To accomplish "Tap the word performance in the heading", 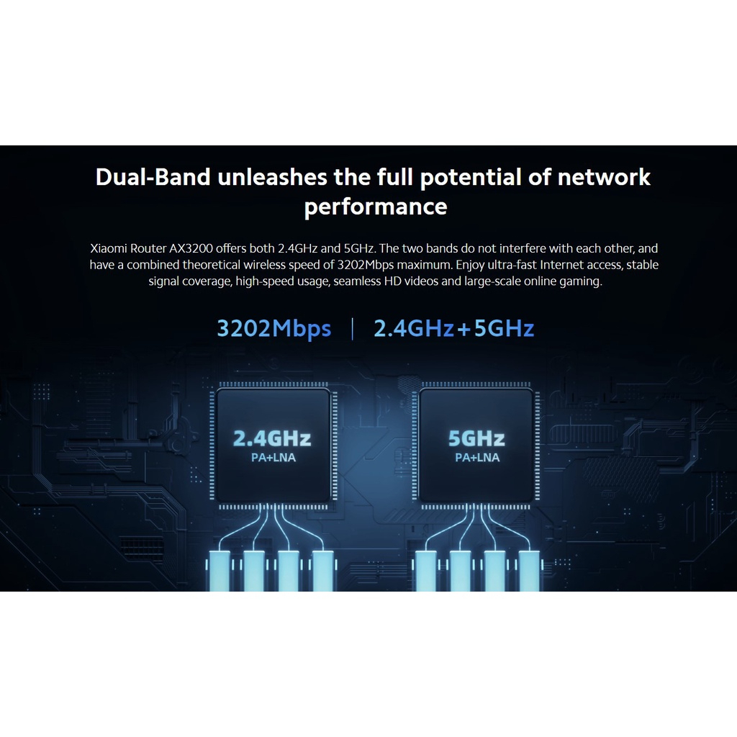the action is tap(375, 207).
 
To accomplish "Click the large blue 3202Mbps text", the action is tap(274, 329).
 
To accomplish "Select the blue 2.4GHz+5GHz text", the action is tap(453, 329).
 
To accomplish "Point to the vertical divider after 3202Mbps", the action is tap(352, 329).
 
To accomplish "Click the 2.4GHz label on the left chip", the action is tap(272, 438).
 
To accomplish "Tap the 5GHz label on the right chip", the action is tap(476, 438).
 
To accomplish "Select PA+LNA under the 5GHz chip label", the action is tap(476, 458).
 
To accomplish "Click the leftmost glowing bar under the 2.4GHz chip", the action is tap(220, 570).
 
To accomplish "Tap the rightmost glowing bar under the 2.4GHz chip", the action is tap(323, 570).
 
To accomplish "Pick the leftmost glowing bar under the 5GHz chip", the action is tap(425, 570).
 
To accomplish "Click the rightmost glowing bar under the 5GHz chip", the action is tap(529, 570).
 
